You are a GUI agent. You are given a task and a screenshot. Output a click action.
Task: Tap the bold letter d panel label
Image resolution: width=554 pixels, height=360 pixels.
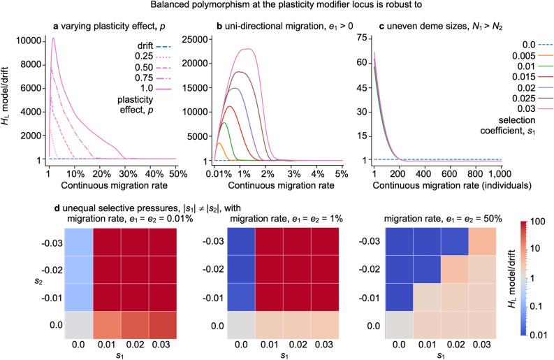55,193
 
